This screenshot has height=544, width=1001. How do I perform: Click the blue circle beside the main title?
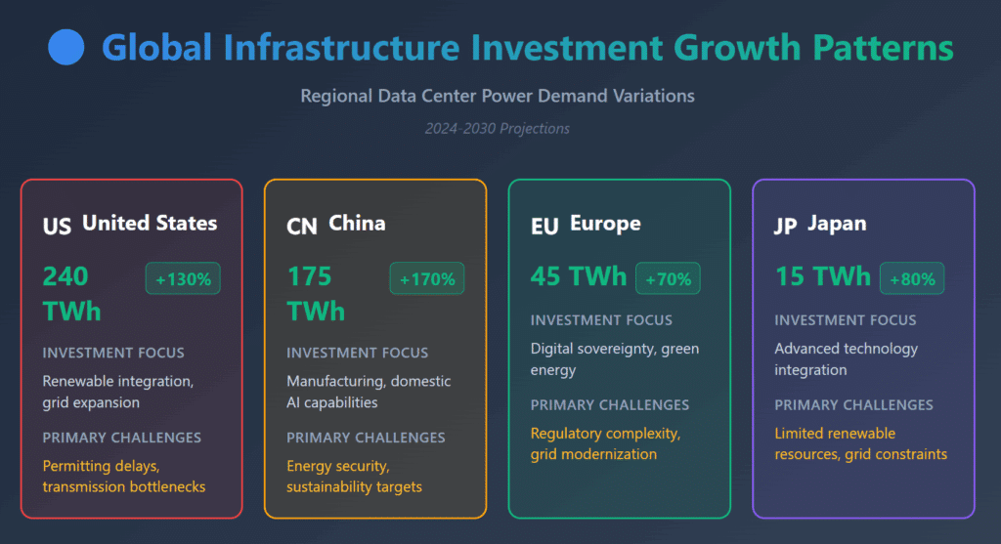[x=66, y=46]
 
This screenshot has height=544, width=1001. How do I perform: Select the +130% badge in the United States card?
[x=183, y=278]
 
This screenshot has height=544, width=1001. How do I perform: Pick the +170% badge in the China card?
[x=426, y=278]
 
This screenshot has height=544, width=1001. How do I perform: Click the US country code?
[x=57, y=226]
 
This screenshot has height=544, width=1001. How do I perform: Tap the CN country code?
[x=301, y=226]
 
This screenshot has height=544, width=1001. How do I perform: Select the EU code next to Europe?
[x=544, y=226]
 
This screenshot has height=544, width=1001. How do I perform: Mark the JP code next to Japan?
[x=785, y=226]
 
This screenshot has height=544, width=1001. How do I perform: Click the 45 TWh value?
[x=578, y=276]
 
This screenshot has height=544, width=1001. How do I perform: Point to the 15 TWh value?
[x=822, y=276]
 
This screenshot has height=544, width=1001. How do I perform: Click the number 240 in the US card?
[x=65, y=276]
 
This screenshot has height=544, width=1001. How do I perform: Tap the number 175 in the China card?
[x=309, y=276]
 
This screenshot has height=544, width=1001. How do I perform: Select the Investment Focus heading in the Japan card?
[x=846, y=320]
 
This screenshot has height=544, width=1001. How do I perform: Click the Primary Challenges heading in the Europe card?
[x=610, y=405]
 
